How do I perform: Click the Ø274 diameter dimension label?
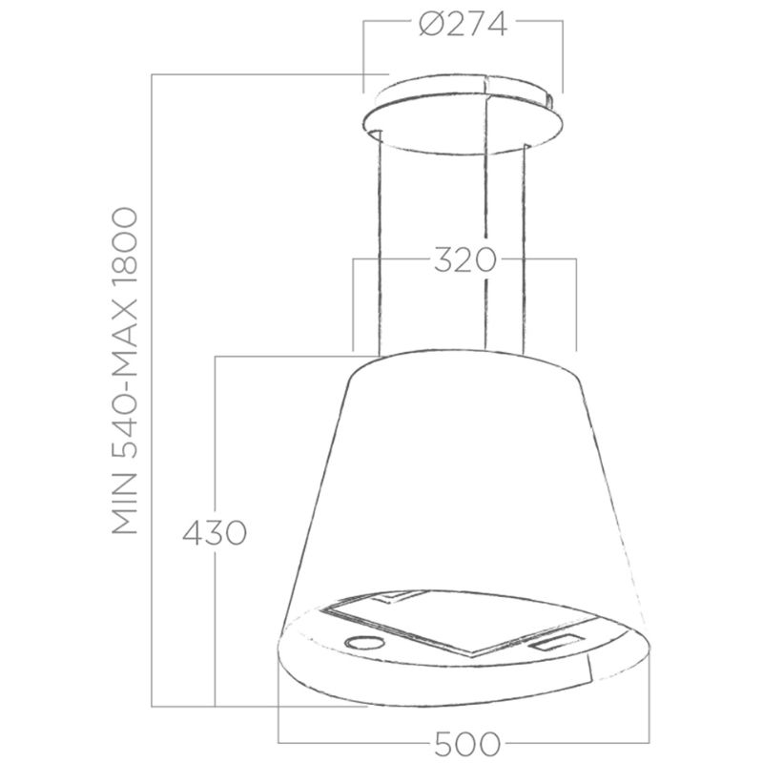click(x=463, y=25)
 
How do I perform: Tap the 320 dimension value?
click(x=464, y=259)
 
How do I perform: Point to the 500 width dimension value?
click(x=467, y=744)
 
